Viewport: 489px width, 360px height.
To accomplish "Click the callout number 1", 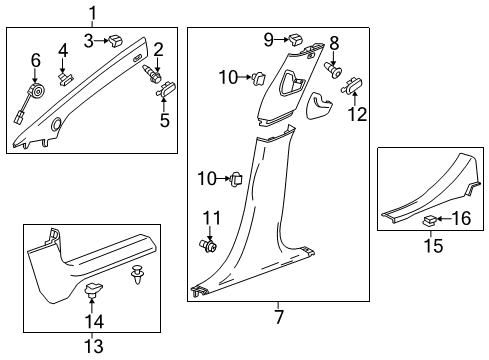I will (92, 13).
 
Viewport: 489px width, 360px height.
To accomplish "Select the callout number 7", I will (278, 318).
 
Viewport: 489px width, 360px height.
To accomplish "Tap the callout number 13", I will (92, 346).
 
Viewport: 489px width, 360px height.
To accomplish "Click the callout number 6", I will (36, 61).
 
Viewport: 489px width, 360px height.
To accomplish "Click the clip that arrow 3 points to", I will (117, 41).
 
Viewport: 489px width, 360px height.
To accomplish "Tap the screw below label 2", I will (155, 72).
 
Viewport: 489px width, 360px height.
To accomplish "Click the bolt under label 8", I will (336, 71).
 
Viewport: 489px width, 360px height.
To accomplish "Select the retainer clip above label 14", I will (95, 291).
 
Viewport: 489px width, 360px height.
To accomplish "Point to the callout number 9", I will (268, 39).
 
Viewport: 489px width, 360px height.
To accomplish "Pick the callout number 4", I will (63, 49).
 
